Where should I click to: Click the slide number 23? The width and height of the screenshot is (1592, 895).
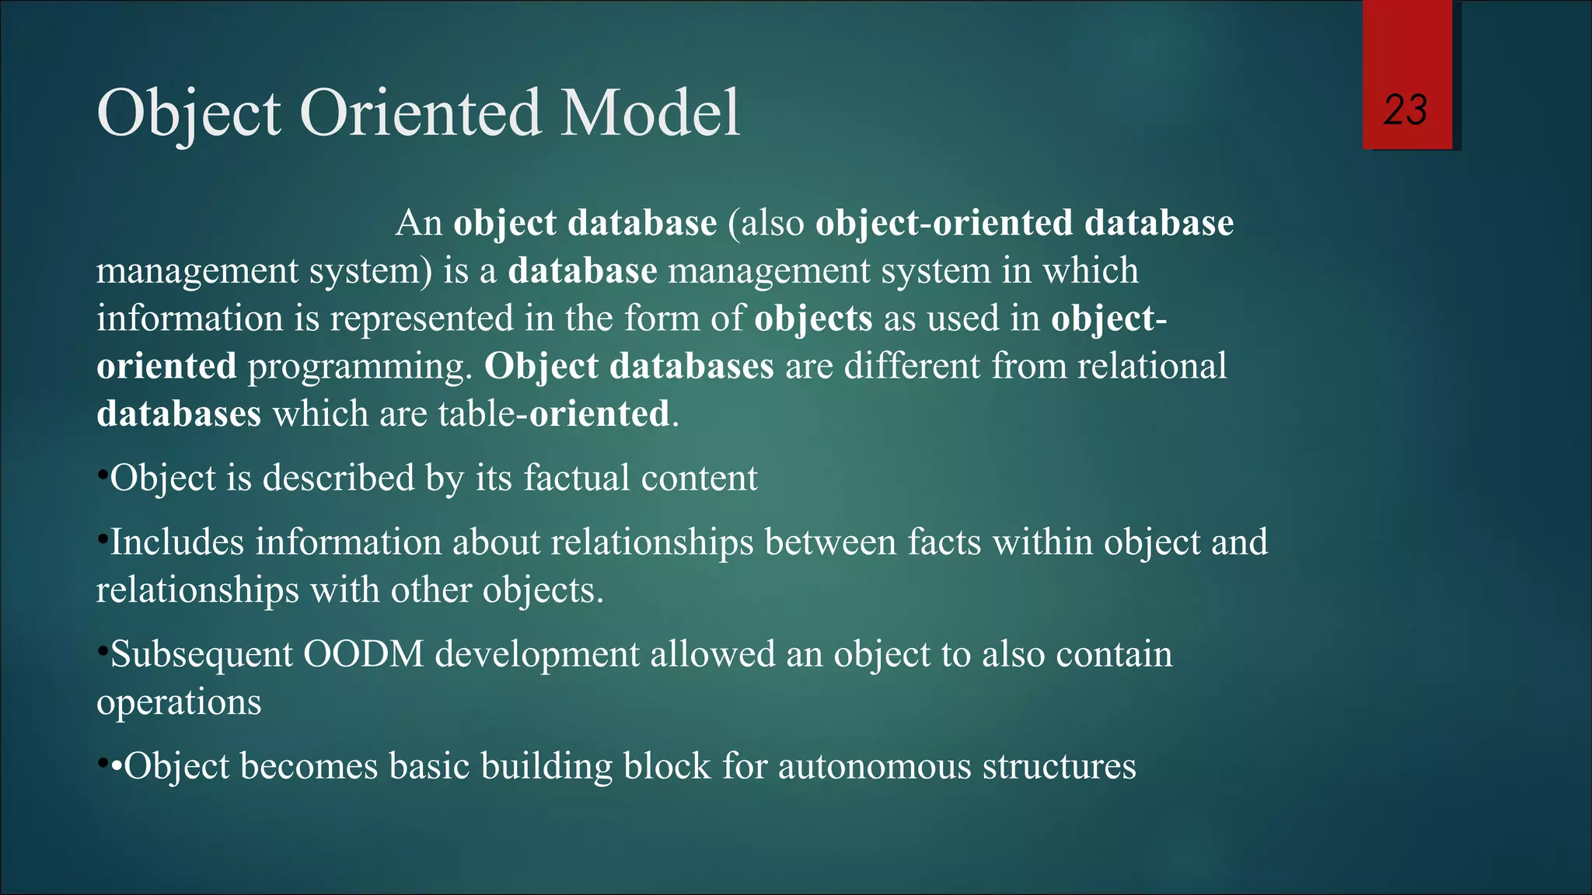pos(1405,110)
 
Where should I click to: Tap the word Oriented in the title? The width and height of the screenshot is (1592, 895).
pos(420,113)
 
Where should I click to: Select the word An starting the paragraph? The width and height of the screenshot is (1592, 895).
pos(419,224)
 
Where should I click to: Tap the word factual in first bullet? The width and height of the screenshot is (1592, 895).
pos(576,478)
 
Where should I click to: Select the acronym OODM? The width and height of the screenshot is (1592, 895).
pos(363,654)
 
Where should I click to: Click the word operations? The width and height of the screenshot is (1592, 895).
pos(179,702)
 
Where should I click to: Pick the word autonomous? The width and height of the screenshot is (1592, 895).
pos(874,767)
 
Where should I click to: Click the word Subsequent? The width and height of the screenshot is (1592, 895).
pos(201,654)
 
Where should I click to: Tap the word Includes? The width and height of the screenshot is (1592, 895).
pos(177,542)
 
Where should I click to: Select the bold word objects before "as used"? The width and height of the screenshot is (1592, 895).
pos(813,319)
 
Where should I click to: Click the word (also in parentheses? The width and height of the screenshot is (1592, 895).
pos(766,224)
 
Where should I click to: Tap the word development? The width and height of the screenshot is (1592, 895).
pos(536,654)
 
